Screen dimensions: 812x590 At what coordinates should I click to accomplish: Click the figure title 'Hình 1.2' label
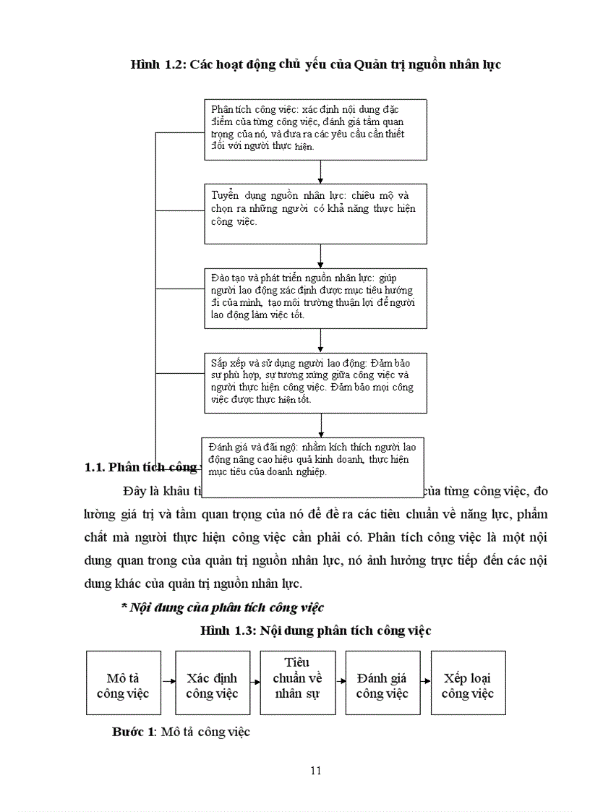(x=156, y=65)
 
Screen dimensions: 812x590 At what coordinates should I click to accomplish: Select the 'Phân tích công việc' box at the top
(x=315, y=129)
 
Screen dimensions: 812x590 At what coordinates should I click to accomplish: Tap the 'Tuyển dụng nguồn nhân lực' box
(x=315, y=213)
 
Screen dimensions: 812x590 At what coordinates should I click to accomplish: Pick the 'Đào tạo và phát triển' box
(x=315, y=299)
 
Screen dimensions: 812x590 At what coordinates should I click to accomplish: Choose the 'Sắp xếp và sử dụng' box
(x=315, y=383)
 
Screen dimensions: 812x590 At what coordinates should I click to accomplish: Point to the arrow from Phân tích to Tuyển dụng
(x=320, y=171)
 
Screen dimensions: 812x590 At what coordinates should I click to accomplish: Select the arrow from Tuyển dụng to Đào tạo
(x=320, y=256)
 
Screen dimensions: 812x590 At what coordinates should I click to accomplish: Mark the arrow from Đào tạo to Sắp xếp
(x=320, y=341)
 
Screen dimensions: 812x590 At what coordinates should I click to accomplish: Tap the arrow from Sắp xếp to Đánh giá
(x=320, y=424)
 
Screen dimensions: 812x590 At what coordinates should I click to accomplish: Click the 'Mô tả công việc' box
(x=123, y=683)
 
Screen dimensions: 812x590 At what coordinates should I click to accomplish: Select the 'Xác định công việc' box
(x=211, y=683)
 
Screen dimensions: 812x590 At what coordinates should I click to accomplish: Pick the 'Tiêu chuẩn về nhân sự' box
(x=297, y=683)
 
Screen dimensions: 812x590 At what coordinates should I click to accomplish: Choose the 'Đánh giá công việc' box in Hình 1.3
(x=382, y=683)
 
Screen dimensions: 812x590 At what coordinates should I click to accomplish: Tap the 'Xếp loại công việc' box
(x=468, y=683)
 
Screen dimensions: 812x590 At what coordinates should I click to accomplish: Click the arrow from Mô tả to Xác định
(x=168, y=681)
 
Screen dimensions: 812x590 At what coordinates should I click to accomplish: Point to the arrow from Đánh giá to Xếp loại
(x=424, y=681)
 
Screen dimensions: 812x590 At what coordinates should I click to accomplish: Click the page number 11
(x=315, y=770)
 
